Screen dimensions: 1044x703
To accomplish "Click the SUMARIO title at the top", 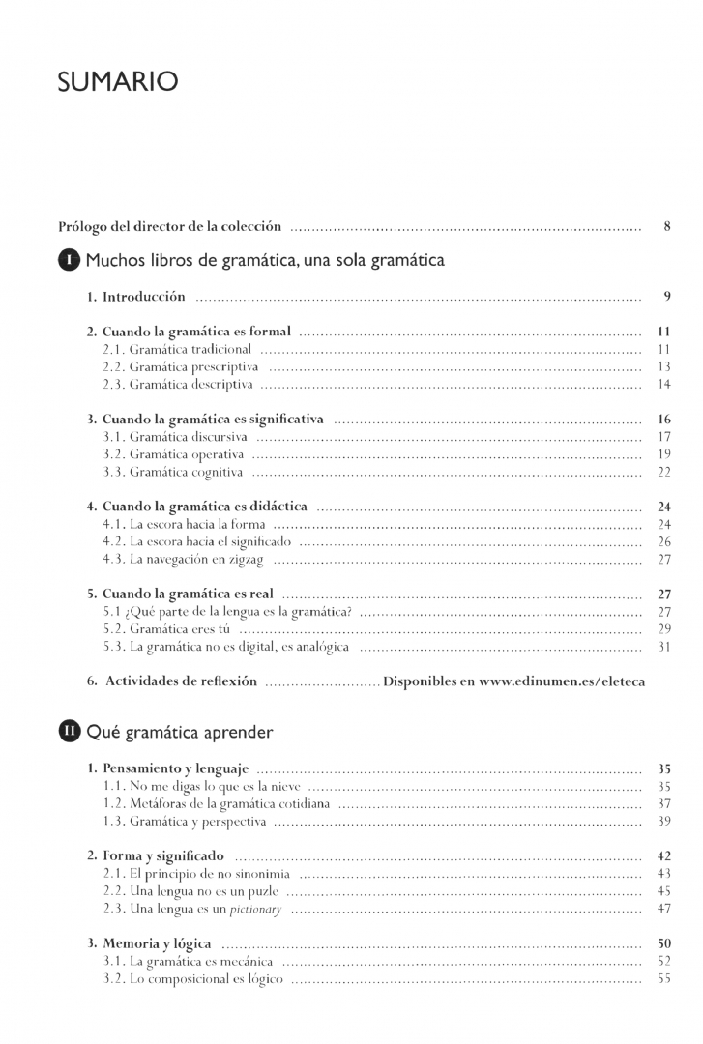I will [117, 83].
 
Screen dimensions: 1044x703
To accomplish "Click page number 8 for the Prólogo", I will [667, 227].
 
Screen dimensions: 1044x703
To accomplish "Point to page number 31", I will [664, 647].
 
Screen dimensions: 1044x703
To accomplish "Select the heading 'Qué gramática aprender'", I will [179, 732].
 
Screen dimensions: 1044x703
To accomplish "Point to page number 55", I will [664, 979].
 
